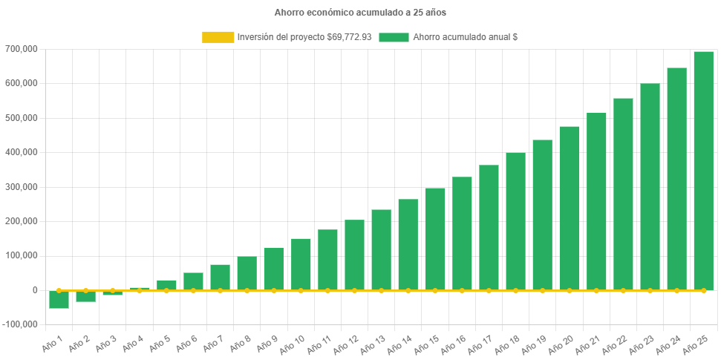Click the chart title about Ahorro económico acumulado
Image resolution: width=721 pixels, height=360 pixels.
point(360,13)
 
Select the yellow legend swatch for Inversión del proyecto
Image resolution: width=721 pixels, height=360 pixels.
point(217,37)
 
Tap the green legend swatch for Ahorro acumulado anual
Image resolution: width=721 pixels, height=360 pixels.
point(394,37)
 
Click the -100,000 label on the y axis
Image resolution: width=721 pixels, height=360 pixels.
point(22,324)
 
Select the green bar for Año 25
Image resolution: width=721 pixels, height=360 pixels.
point(703,171)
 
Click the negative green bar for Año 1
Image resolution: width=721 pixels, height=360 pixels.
point(59,299)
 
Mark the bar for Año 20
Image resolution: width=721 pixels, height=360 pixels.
point(570,209)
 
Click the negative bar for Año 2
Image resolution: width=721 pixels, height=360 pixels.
point(85,296)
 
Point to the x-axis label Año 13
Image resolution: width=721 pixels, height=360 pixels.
point(371,344)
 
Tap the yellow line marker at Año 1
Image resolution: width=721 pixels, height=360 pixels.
point(59,290)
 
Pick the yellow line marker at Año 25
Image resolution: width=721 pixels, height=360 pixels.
point(703,290)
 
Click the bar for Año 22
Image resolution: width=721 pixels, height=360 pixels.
point(623,194)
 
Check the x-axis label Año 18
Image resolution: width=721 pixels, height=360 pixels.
point(506,344)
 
